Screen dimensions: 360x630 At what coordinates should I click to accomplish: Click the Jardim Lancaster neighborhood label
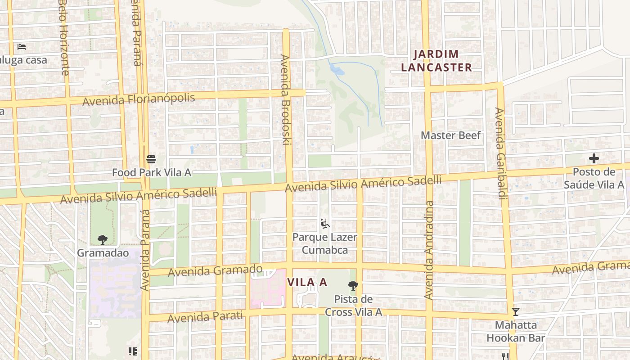(x=436, y=61)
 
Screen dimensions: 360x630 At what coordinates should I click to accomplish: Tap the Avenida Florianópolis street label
(x=139, y=99)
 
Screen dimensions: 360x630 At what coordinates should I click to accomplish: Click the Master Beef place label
(x=450, y=135)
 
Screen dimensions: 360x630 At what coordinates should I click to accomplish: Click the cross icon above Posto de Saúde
(x=594, y=158)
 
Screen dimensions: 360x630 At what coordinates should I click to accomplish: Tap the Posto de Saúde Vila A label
(x=594, y=178)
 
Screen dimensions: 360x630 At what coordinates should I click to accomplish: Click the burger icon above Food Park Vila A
(x=151, y=159)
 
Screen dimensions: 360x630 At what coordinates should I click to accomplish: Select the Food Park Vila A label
(x=151, y=172)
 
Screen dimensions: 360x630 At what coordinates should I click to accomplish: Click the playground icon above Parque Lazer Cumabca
(x=324, y=223)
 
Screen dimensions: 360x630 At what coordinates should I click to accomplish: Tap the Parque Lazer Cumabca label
(x=324, y=243)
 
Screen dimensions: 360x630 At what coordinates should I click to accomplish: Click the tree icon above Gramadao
(x=103, y=239)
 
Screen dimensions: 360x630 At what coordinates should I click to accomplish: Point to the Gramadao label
(x=103, y=253)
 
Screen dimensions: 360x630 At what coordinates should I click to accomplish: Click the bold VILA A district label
(x=307, y=283)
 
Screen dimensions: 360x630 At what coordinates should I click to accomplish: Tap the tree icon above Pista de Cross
(x=353, y=285)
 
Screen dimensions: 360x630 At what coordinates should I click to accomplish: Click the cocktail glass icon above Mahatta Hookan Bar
(x=516, y=311)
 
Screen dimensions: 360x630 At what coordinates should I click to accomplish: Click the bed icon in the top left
(x=21, y=46)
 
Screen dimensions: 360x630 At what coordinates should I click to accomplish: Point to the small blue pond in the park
(x=337, y=70)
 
